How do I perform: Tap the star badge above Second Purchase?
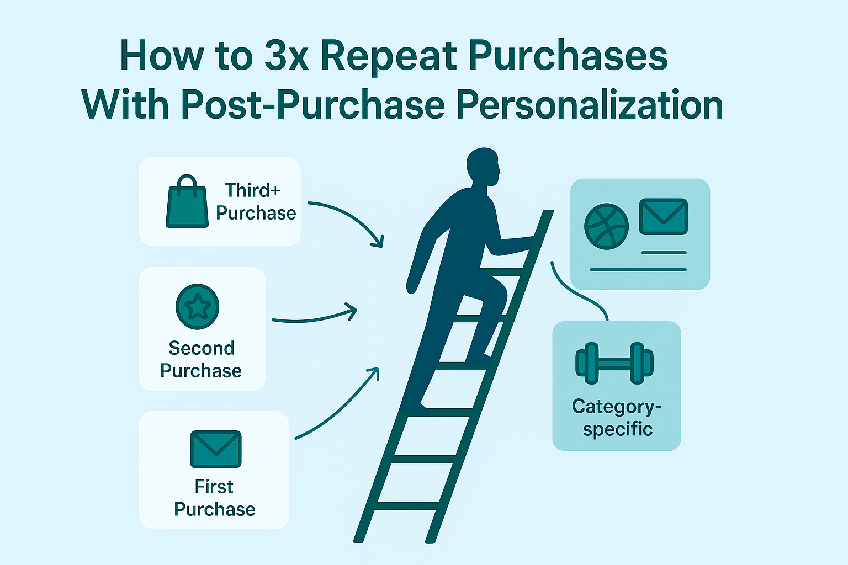click(197, 306)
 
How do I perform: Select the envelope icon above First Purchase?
click(215, 449)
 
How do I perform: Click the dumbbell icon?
click(614, 363)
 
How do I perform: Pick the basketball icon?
click(606, 226)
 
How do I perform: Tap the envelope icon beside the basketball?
click(663, 217)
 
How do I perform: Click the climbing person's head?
click(483, 166)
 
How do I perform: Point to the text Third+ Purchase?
click(256, 201)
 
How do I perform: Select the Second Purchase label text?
click(201, 359)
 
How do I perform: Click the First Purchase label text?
click(215, 498)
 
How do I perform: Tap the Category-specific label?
click(617, 417)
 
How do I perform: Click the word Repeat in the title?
click(389, 56)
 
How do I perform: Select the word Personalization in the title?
click(590, 104)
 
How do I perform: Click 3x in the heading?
click(286, 56)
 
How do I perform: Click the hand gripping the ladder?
click(528, 242)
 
